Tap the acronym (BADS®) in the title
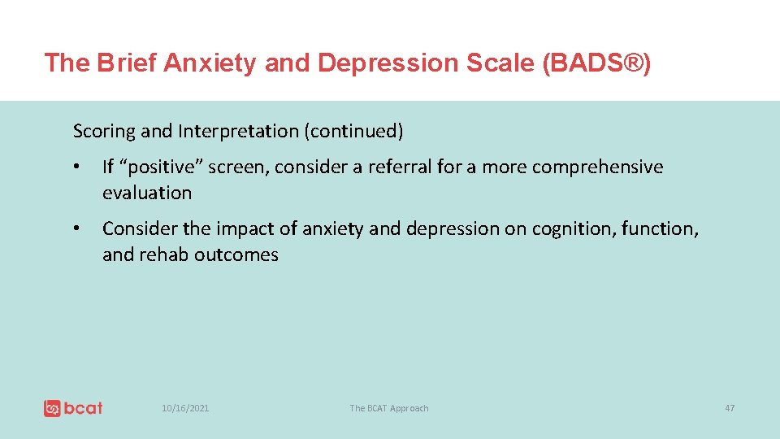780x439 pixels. point(595,63)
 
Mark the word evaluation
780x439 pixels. point(147,193)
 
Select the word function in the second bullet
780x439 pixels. point(659,229)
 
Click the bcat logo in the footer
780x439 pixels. point(73,407)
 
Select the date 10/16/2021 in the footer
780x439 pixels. point(184,408)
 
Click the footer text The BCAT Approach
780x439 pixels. point(388,408)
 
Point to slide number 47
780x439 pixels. point(730,408)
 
